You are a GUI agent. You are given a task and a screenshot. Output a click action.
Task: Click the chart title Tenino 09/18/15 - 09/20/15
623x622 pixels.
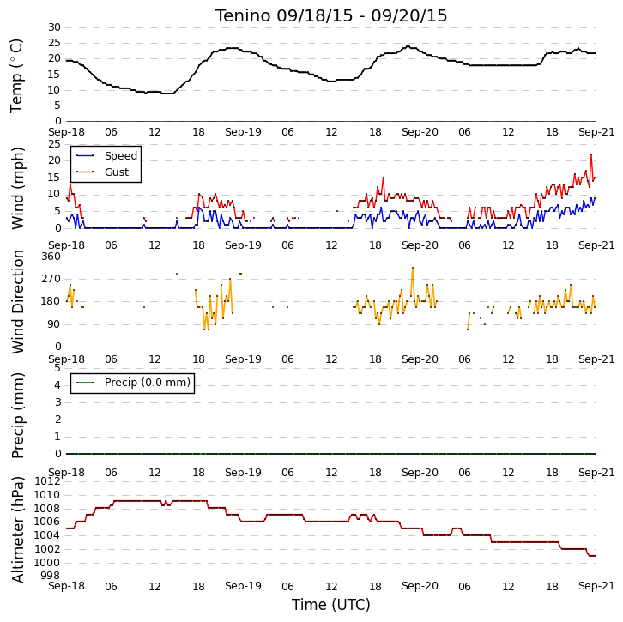331,16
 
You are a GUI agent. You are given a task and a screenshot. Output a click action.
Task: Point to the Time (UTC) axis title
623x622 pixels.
331,605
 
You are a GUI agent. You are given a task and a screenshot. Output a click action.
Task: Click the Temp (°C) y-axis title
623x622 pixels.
16,75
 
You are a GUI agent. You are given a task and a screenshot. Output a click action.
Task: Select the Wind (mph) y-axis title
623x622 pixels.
17,188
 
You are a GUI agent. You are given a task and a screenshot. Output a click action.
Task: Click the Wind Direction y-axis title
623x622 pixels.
17,302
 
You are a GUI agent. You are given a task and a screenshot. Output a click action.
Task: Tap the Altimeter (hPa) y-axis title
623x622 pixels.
17,530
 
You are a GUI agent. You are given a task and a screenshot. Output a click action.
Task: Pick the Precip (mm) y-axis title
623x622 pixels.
17,415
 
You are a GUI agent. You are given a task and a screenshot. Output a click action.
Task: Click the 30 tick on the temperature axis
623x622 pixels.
54,27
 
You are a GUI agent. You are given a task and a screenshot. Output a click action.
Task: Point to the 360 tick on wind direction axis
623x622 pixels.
51,257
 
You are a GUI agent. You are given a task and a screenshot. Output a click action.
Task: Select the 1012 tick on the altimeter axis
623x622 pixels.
47,481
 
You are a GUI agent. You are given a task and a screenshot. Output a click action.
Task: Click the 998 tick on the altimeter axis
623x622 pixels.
51,576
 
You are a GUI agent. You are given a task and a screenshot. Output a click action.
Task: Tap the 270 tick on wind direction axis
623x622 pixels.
51,279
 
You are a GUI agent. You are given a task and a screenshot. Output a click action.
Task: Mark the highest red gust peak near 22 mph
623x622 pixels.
591,154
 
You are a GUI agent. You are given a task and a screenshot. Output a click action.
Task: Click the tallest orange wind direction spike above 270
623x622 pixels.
413,268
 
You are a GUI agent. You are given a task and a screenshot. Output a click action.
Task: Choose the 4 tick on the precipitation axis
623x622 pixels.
57,385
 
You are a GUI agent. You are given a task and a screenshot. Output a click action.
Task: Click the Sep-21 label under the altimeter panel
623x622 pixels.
596,586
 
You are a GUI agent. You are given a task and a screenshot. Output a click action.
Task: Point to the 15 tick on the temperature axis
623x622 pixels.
54,75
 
